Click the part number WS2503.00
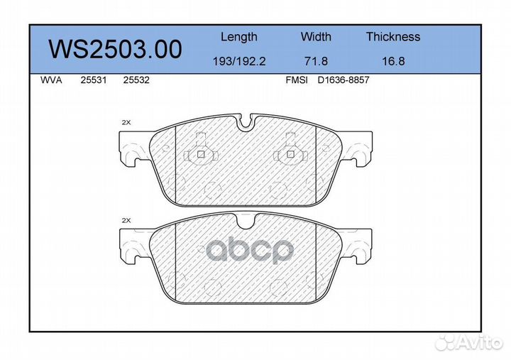click(x=115, y=49)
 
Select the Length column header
click(x=239, y=37)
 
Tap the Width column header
click(x=316, y=36)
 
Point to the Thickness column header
click(x=393, y=36)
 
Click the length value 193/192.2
click(x=239, y=61)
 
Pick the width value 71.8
click(x=316, y=61)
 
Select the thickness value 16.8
click(x=393, y=61)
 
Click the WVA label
click(x=51, y=80)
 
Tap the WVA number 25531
click(x=94, y=80)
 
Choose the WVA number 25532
click(x=136, y=80)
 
